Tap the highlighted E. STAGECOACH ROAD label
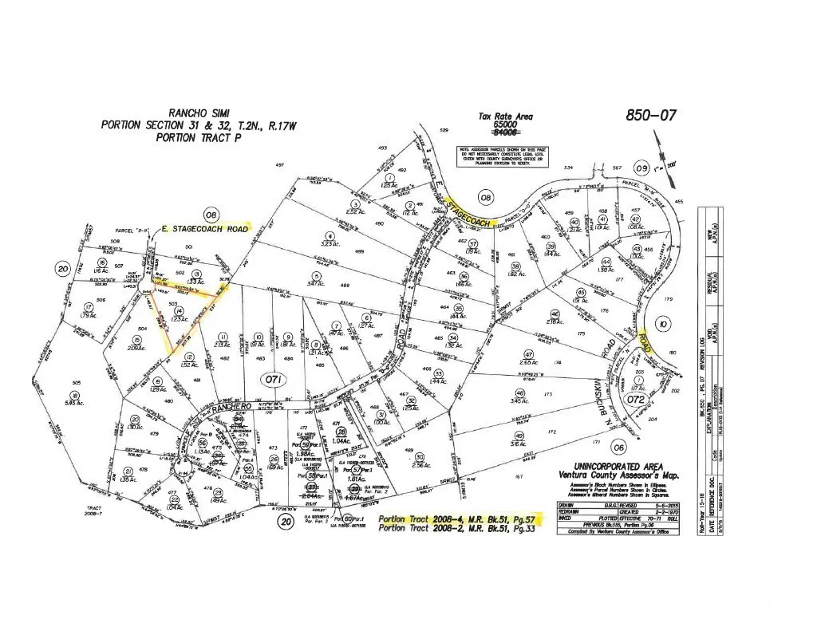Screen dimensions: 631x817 (x=205, y=228)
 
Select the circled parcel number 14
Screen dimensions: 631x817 (x=180, y=311)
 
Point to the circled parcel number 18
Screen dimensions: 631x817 (x=74, y=394)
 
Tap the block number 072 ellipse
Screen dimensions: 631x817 (x=635, y=397)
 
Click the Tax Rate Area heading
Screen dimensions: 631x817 (x=505, y=116)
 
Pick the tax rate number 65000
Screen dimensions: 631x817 (x=505, y=125)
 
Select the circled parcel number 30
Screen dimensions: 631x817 (x=419, y=456)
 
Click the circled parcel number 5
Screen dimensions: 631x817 (x=317, y=274)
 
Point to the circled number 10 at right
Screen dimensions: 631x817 (x=663, y=323)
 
